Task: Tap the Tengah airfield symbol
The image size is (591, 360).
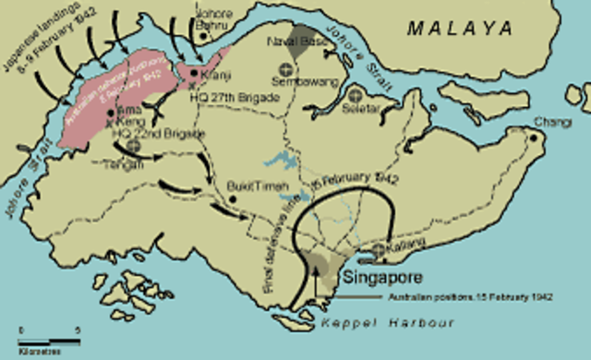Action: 135,146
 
